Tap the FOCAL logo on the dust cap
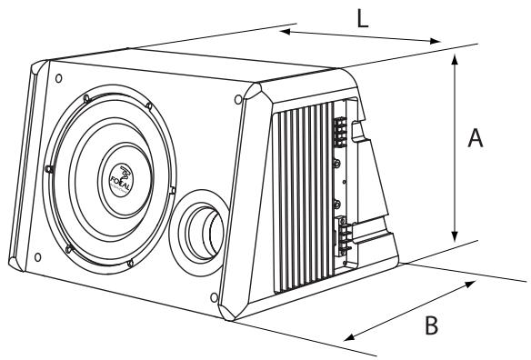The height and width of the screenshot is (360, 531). pyautogui.click(x=124, y=173)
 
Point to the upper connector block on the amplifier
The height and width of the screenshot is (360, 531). pyautogui.click(x=340, y=133)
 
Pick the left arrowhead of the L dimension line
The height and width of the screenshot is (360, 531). pyautogui.click(x=283, y=33)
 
